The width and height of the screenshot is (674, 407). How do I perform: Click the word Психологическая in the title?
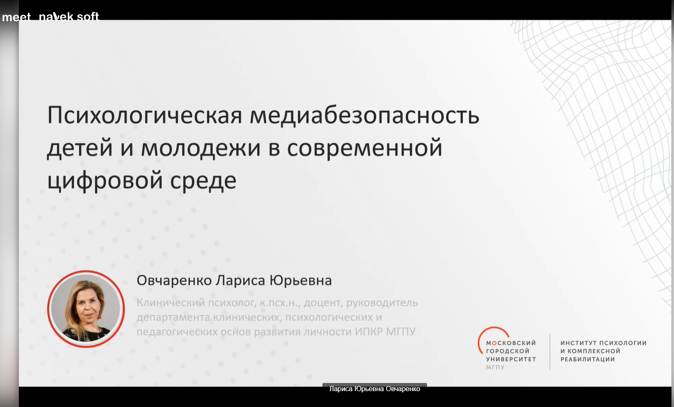[x=145, y=116]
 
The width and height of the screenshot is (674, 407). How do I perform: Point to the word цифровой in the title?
[x=105, y=181]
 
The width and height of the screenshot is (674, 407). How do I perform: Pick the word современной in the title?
[x=364, y=149]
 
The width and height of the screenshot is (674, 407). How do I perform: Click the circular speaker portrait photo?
[x=86, y=309]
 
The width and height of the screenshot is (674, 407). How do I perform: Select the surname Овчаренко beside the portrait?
[x=174, y=281]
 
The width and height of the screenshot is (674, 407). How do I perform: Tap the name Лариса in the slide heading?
[x=241, y=281]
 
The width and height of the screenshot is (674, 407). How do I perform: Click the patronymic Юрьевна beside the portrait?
[x=300, y=281]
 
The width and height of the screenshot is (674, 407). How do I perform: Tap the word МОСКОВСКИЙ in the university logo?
[x=511, y=343]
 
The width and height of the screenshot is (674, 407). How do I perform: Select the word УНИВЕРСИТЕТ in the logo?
[x=511, y=359]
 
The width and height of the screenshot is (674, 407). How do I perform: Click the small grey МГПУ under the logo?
[x=495, y=367]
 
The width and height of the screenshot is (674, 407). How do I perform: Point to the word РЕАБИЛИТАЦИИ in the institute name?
[x=588, y=359]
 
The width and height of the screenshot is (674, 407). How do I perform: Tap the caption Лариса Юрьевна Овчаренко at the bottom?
[x=375, y=389]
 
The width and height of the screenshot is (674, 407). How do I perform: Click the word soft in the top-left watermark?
[x=88, y=17]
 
